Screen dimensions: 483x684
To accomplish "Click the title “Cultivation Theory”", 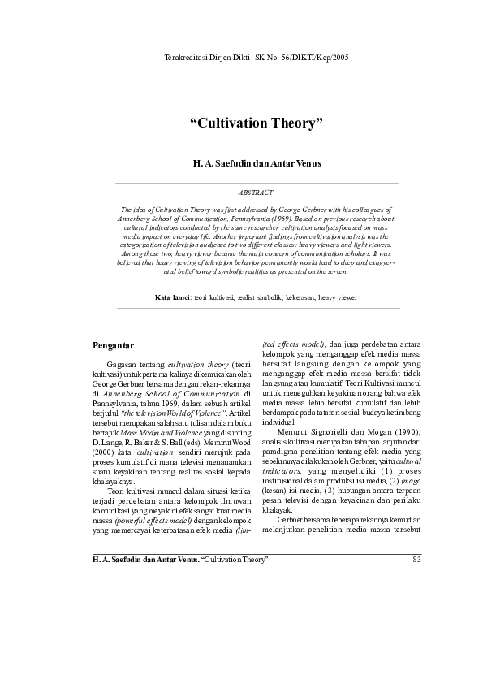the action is click(257, 123).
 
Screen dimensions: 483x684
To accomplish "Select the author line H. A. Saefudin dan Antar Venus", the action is click(257, 163).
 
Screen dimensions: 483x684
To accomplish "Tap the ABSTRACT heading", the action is click(256, 193).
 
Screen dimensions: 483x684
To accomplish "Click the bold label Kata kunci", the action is click(173, 298).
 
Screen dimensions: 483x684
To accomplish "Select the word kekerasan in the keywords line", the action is click(295, 298).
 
